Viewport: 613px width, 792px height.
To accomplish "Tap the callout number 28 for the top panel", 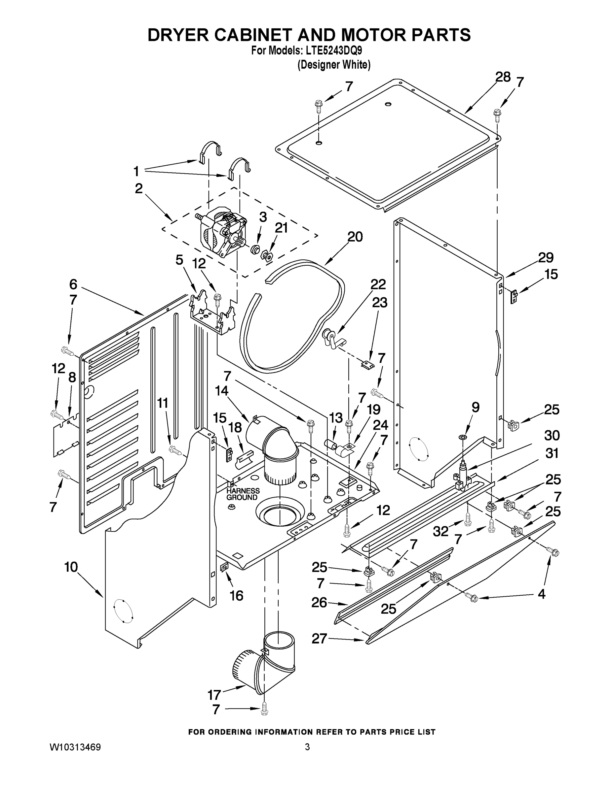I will (x=503, y=78).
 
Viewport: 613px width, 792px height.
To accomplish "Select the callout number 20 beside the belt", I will (x=355, y=237).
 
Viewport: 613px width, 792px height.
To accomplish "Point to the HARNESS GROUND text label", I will (x=243, y=494).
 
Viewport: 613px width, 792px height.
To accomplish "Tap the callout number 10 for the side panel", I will (x=71, y=567).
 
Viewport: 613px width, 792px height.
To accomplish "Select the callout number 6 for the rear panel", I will (x=73, y=284).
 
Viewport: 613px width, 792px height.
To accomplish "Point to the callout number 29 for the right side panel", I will (x=546, y=258).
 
